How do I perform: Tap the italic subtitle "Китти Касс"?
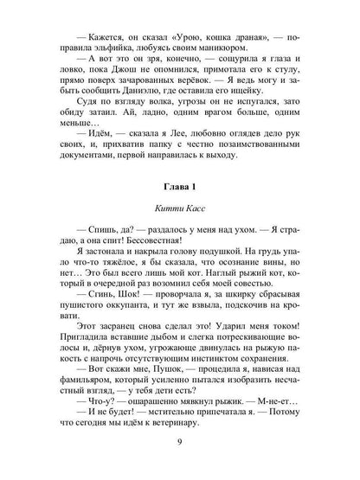click(180, 210)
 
